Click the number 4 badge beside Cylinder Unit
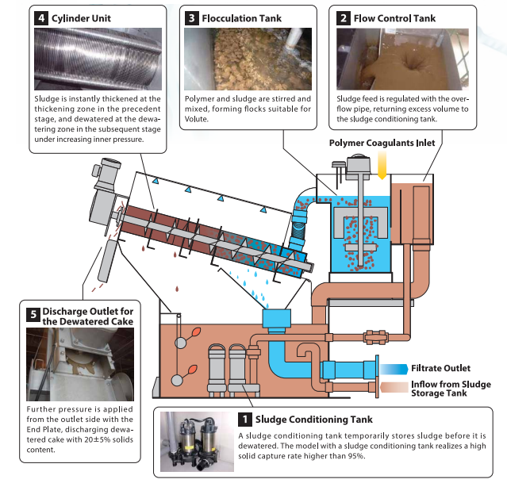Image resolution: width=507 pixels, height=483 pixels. pyautogui.click(x=39, y=17)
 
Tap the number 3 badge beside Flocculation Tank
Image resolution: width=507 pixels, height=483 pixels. pyautogui.click(x=191, y=17)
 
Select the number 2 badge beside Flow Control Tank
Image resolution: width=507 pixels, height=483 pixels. pyautogui.click(x=344, y=17)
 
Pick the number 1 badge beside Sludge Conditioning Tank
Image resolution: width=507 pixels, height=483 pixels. pyautogui.click(x=246, y=418)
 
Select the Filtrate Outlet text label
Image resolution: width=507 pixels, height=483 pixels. pyautogui.click(x=440, y=368)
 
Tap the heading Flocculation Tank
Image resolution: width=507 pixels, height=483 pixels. pyautogui.click(x=242, y=17)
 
